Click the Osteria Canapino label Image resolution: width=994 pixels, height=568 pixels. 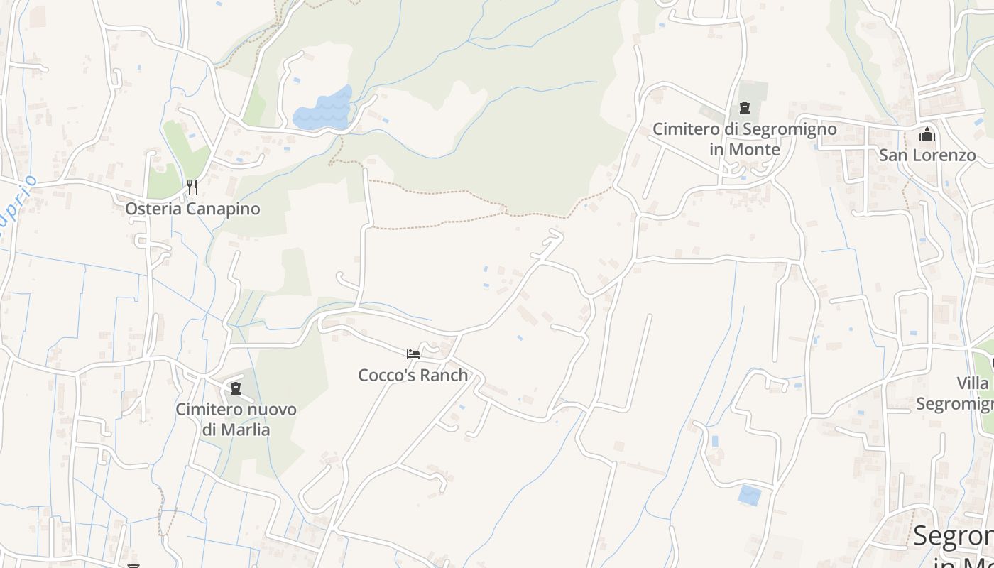coord(192,209)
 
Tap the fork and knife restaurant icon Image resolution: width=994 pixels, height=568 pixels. coord(192,187)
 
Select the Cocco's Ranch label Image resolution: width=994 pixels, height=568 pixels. coord(413,375)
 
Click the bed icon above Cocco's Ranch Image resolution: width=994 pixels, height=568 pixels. coord(413,354)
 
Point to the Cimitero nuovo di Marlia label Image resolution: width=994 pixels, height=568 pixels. coord(236,419)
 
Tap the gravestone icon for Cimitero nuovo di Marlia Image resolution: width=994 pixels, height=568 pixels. coord(236,388)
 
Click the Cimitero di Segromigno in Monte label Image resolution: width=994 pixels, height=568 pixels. coord(744,139)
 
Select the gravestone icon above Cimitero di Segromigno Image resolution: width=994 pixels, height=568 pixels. coord(745,108)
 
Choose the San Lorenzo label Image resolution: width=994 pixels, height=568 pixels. coord(927,155)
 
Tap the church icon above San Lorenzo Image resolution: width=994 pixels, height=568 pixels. coord(927,134)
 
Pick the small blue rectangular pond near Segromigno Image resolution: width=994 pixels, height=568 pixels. coord(749,495)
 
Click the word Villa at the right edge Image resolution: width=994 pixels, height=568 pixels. coord(972,383)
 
